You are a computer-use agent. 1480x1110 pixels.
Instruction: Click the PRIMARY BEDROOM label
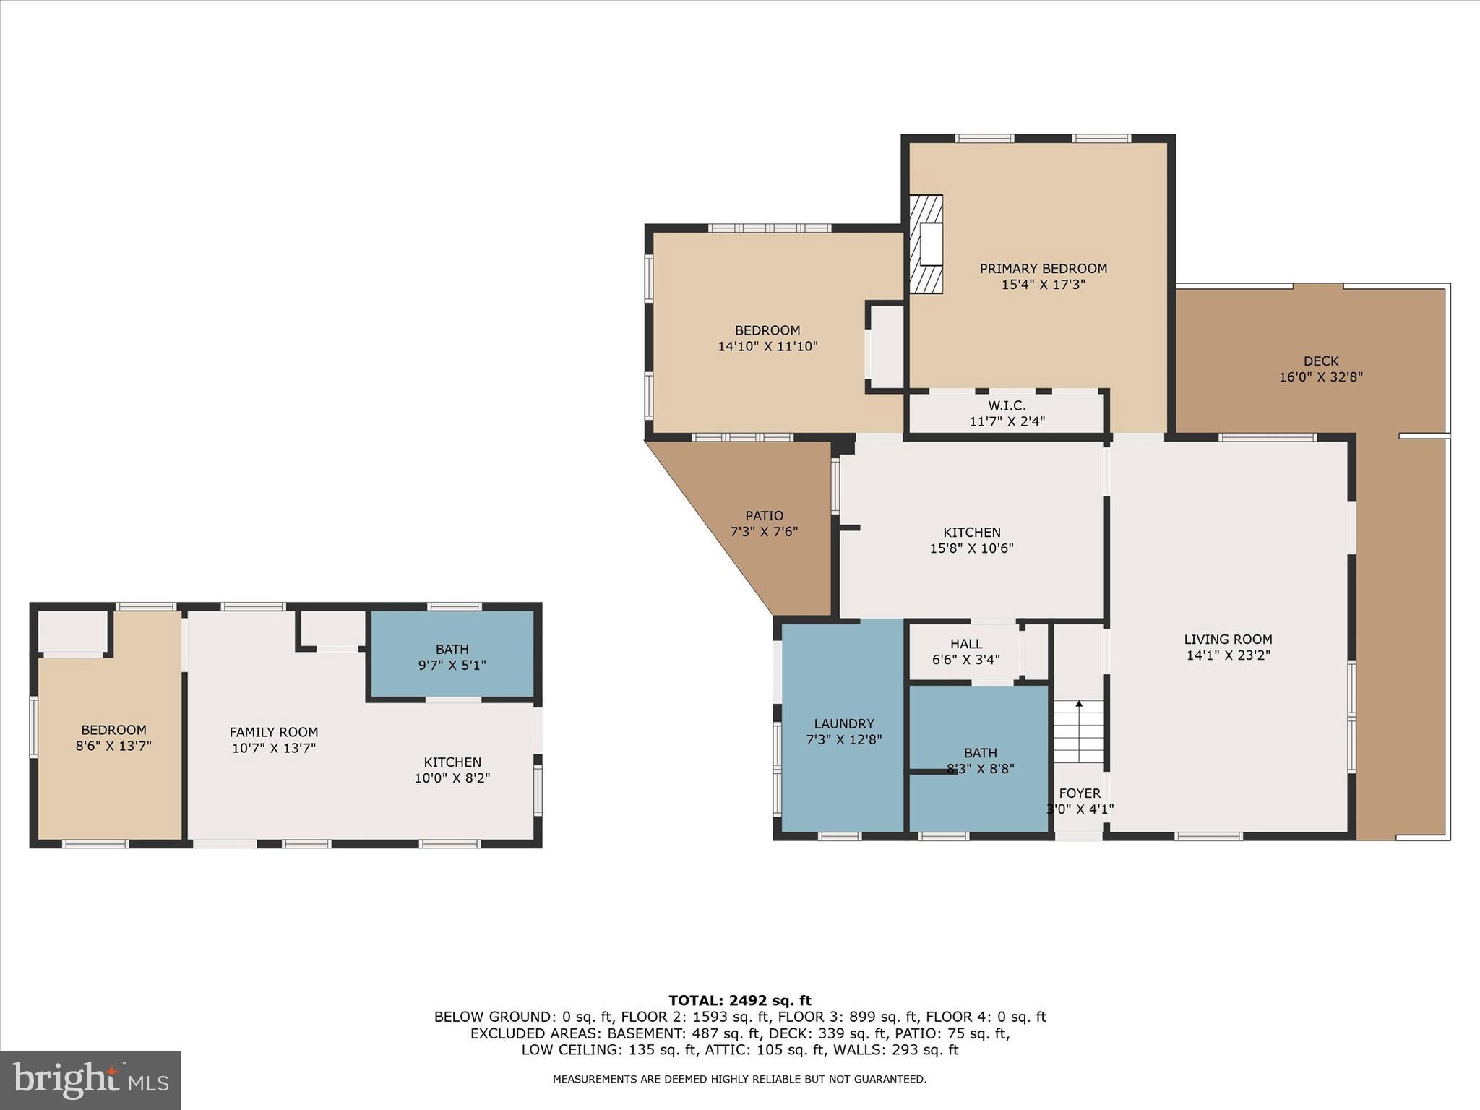[x=1043, y=269]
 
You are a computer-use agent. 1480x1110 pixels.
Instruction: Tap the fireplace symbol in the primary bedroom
[x=926, y=244]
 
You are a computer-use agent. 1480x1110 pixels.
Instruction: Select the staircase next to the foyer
[x=1079, y=731]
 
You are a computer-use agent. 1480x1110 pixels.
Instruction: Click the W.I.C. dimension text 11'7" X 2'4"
[x=1007, y=421]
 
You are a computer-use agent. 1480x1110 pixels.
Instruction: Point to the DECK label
[x=1320, y=361]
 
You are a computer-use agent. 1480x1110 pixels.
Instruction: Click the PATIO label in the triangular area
[x=764, y=516]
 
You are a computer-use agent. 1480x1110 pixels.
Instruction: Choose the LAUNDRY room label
[x=843, y=723]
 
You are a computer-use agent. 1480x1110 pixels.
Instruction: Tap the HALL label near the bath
[x=966, y=644]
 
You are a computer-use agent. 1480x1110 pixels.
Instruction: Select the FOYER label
[x=1079, y=793]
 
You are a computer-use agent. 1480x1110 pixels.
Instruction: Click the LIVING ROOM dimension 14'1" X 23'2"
[x=1228, y=655]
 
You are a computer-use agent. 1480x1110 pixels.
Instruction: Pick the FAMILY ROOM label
[x=273, y=732]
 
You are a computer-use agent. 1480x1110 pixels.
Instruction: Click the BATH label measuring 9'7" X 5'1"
[x=452, y=650]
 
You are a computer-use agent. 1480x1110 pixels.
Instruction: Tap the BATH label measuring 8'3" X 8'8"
[x=980, y=753]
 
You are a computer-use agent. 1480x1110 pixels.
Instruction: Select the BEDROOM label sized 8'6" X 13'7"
[x=113, y=730]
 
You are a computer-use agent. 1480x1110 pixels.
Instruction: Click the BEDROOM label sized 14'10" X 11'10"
[x=767, y=331]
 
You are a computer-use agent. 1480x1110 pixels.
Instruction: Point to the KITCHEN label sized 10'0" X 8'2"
[x=452, y=762]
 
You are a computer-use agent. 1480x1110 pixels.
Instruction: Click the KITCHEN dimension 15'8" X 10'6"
[x=971, y=548]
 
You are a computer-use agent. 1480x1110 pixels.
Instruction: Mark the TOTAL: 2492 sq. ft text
[x=739, y=1001]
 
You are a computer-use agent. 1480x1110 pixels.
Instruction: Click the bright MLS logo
[x=90, y=1080]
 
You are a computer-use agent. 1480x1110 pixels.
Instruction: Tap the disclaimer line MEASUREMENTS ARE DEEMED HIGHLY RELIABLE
[x=739, y=1079]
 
